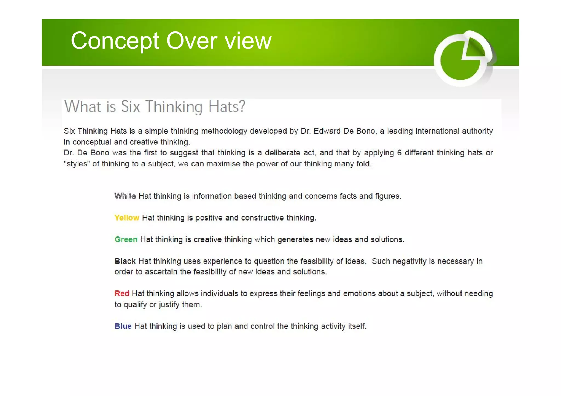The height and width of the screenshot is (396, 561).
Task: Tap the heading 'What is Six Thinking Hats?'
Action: pyautogui.click(x=154, y=106)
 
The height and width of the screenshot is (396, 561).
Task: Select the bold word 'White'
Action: pyautogui.click(x=125, y=196)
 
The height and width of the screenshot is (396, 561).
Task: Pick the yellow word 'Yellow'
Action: pyautogui.click(x=127, y=218)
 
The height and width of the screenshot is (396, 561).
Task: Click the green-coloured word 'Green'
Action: pyautogui.click(x=126, y=239)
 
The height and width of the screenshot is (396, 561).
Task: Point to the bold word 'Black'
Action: pyautogui.click(x=125, y=261)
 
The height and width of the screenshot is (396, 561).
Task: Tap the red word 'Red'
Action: pyautogui.click(x=122, y=294)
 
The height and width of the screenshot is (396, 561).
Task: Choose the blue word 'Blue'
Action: pyautogui.click(x=123, y=326)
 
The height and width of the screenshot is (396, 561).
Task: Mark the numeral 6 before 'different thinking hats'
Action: pyautogui.click(x=399, y=153)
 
